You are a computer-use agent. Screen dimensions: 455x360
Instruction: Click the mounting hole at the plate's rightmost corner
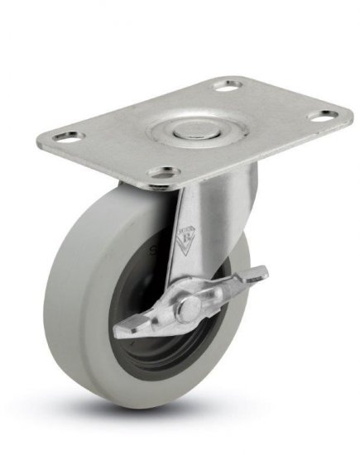[329, 113]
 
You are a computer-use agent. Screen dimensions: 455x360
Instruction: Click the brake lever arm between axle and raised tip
[228, 290]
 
